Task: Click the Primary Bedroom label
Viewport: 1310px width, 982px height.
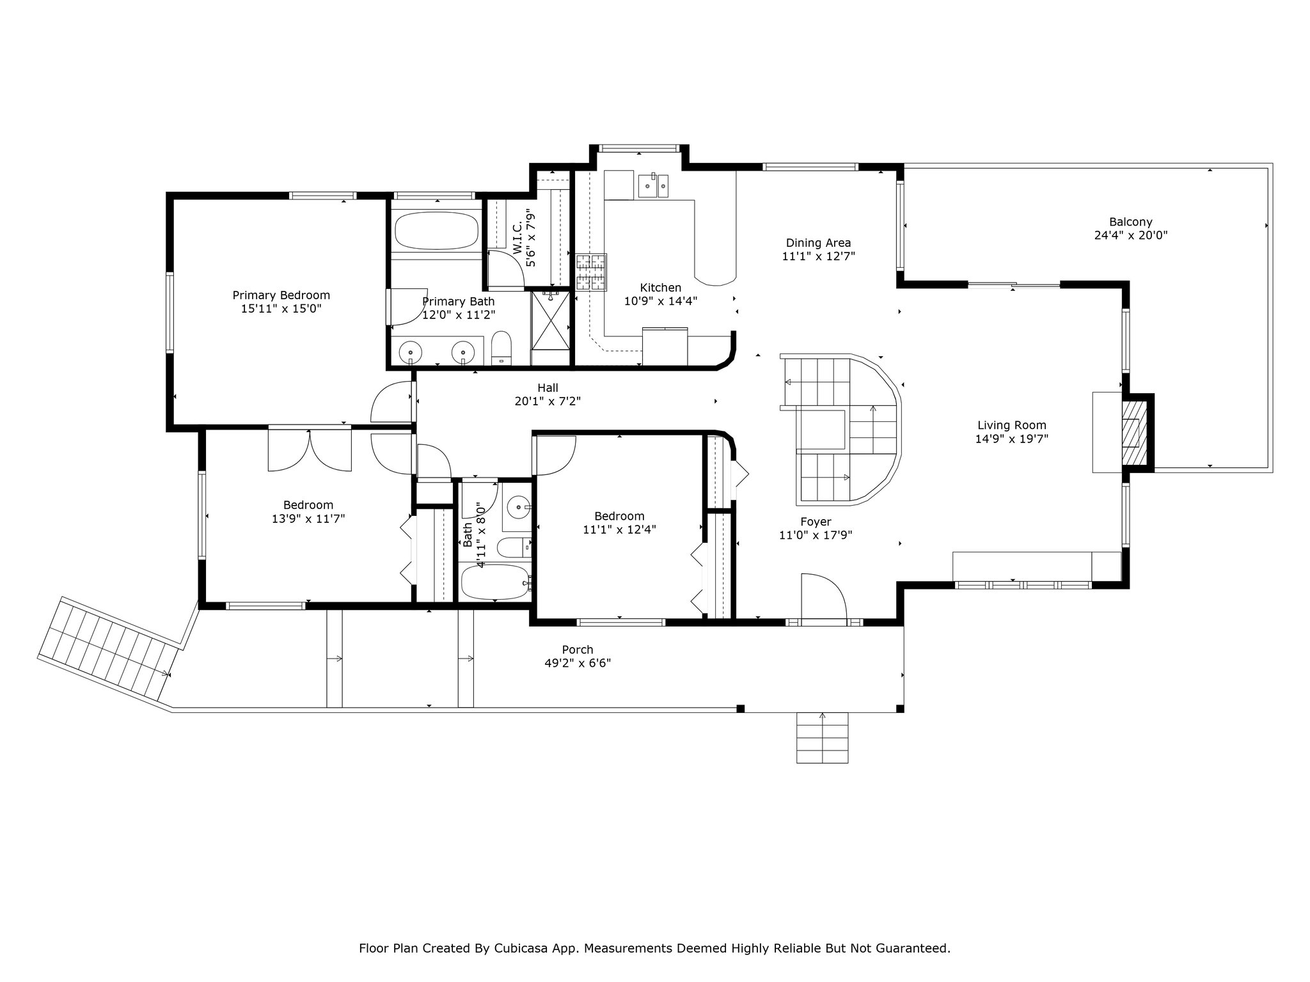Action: [x=281, y=295]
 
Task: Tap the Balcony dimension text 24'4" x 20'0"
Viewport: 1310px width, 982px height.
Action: [x=1131, y=235]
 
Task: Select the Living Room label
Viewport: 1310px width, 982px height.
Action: [x=1012, y=425]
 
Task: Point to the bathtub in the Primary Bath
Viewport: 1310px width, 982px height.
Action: [x=437, y=231]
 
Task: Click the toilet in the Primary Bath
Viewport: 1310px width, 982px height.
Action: [x=502, y=348]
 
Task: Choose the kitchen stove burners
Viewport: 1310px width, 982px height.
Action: [x=592, y=273]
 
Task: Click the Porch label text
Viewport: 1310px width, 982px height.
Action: [x=578, y=650]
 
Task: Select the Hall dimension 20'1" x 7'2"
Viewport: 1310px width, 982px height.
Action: [x=548, y=401]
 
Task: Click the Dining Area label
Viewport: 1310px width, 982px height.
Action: [x=818, y=243]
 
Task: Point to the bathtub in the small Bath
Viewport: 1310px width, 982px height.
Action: [x=495, y=581]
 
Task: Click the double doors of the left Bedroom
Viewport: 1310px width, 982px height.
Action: [x=310, y=450]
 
